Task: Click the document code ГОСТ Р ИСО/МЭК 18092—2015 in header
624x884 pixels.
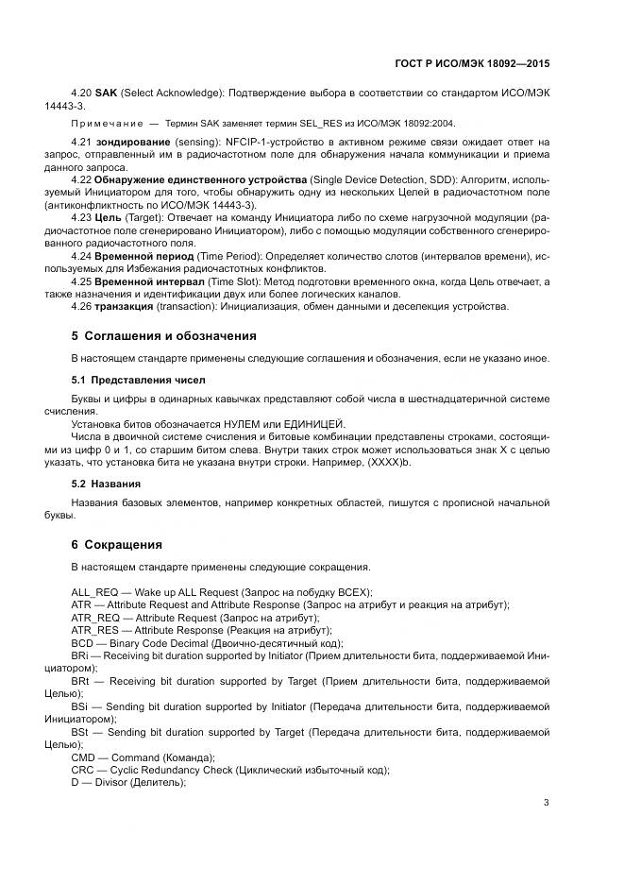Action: click(471, 65)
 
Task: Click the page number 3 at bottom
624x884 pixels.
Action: click(546, 803)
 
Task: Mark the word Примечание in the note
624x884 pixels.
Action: click(106, 124)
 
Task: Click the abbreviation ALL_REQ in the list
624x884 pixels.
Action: click(94, 590)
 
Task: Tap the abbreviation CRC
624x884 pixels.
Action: click(84, 770)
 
